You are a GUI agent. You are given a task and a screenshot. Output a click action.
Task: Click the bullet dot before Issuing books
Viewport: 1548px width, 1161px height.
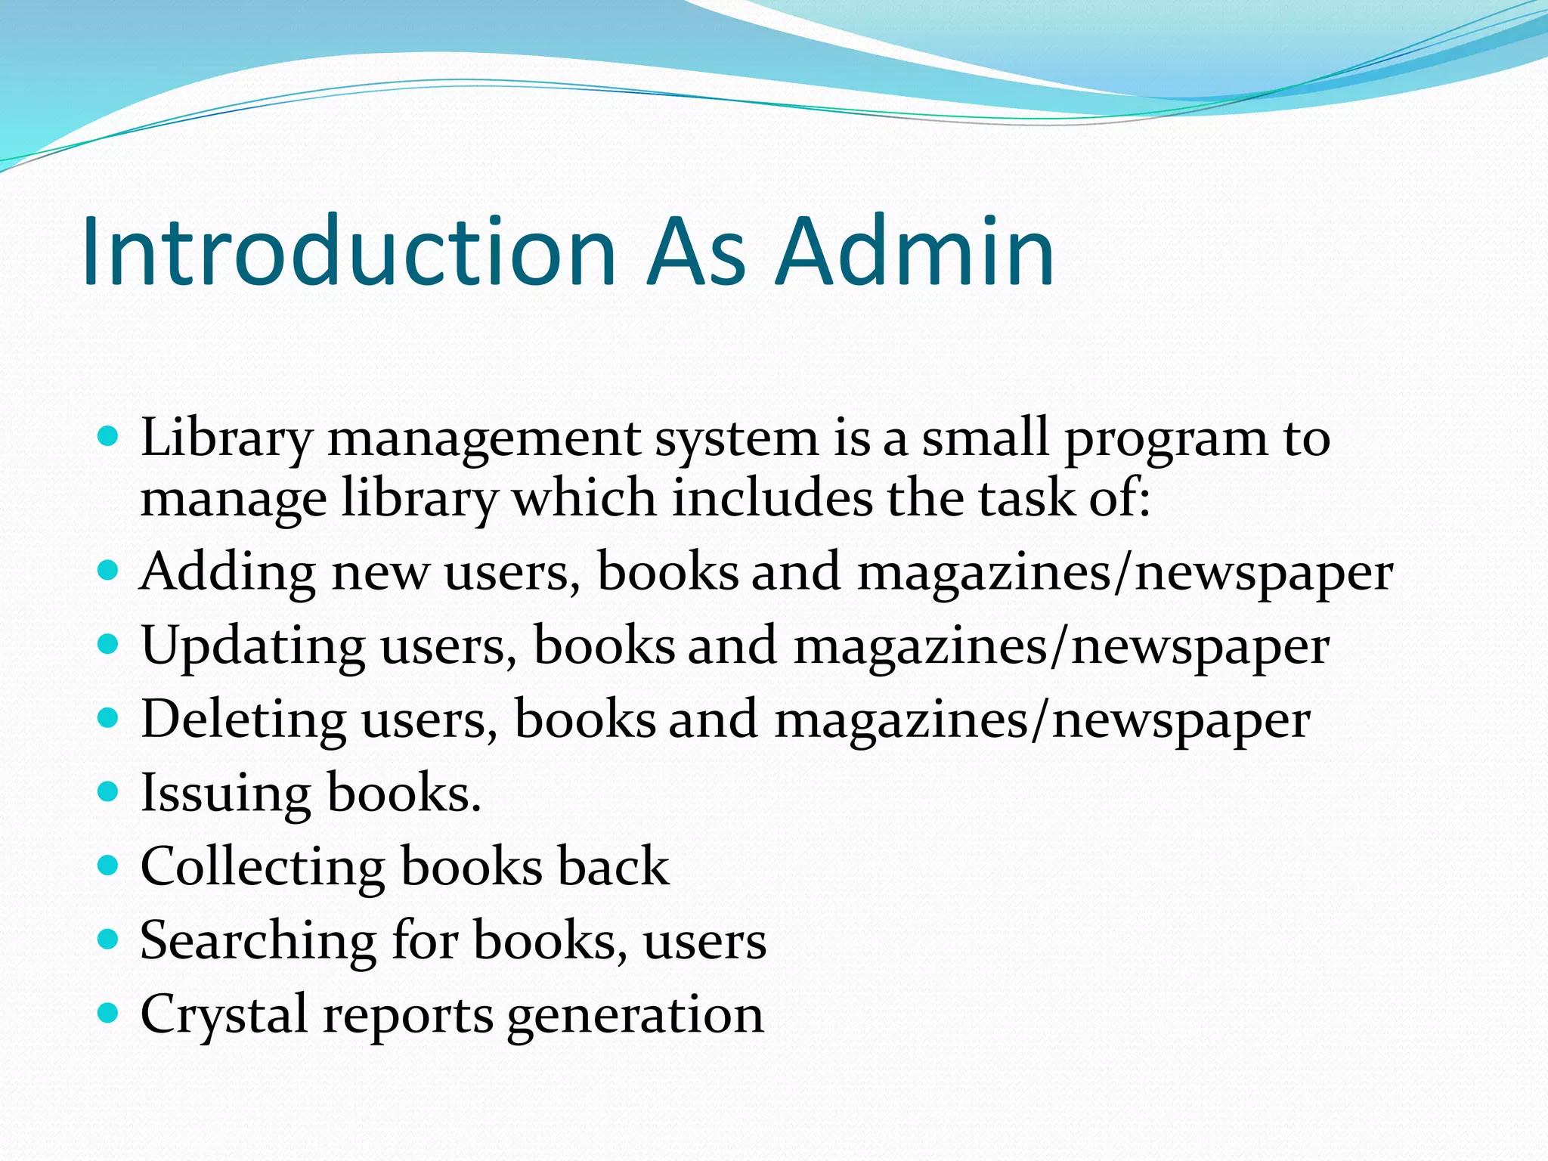tap(109, 791)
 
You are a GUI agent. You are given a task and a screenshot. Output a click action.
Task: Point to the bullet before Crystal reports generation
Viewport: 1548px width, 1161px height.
tap(109, 1013)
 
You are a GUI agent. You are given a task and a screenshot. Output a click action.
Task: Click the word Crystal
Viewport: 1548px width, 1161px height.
tap(224, 1015)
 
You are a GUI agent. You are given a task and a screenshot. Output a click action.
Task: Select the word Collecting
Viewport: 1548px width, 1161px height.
tap(262, 867)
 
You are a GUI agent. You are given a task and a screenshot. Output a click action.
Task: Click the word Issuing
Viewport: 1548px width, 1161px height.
tap(225, 794)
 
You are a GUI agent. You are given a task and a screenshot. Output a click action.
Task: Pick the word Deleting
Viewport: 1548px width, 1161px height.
tap(243, 720)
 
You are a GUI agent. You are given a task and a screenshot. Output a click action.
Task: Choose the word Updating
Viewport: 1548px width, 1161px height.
tap(252, 647)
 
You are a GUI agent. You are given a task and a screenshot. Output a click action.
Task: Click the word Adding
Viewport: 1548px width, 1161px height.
tap(228, 572)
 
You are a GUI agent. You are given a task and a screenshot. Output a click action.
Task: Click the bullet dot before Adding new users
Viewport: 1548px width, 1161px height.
tap(109, 569)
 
